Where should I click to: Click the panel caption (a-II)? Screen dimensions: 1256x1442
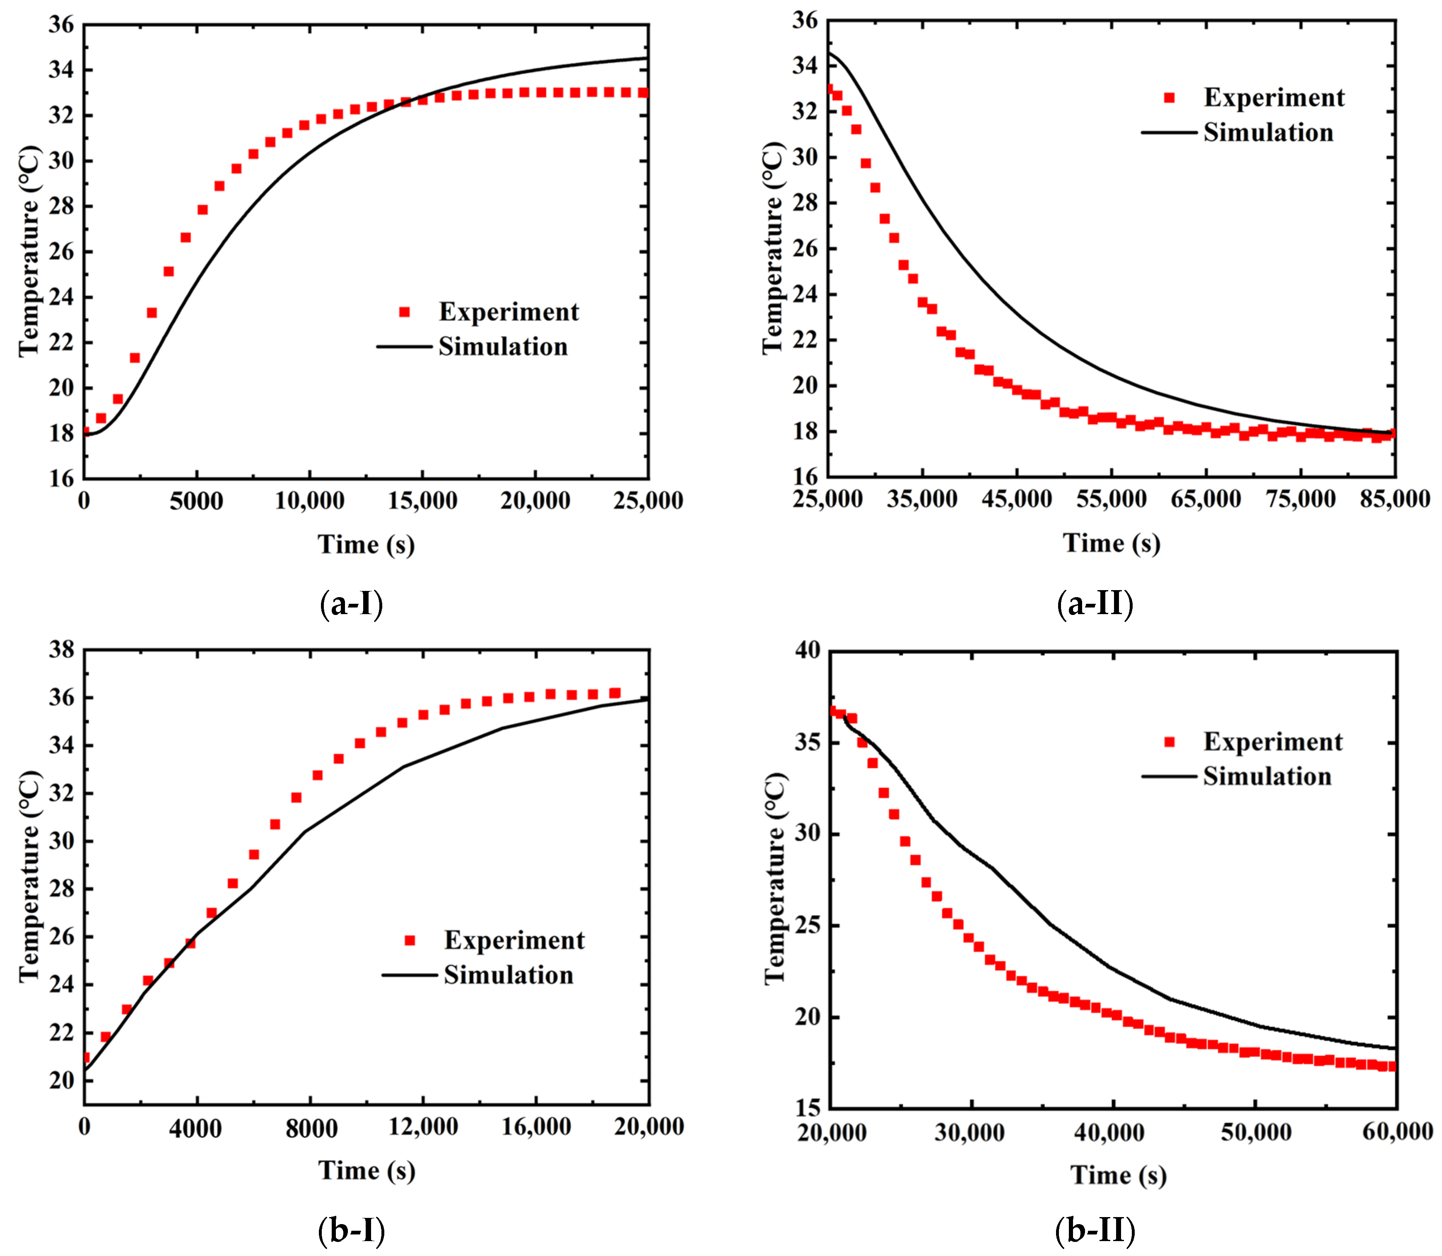pyautogui.click(x=1094, y=603)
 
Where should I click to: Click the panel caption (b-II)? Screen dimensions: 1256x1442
pyautogui.click(x=1094, y=1229)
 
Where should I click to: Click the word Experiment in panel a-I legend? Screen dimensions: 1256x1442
pyautogui.click(x=509, y=312)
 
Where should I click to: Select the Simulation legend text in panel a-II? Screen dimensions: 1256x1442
pyautogui.click(x=1268, y=133)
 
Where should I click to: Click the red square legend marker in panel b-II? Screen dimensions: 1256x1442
pyautogui.click(x=1169, y=742)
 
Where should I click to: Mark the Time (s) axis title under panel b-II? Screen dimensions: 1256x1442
pyautogui.click(x=1118, y=1175)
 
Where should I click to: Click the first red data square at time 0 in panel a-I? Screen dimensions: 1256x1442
pyautogui.click(x=85, y=432)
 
